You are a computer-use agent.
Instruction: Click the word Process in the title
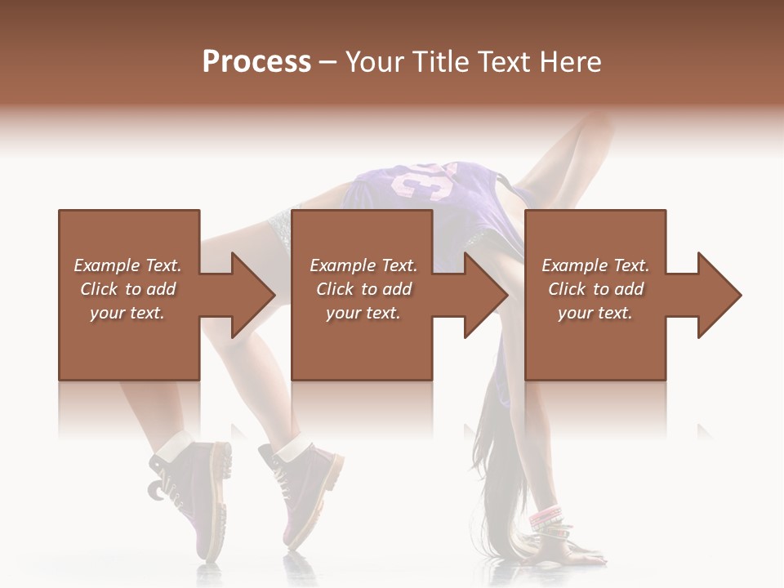pyautogui.click(x=256, y=62)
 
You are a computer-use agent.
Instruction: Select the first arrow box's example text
pyautogui.click(x=128, y=289)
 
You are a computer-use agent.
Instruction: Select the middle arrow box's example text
pyautogui.click(x=363, y=289)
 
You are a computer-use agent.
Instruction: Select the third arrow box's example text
pyautogui.click(x=595, y=289)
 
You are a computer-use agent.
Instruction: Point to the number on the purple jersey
pyautogui.click(x=425, y=181)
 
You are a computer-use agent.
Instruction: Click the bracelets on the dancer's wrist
pyautogui.click(x=546, y=518)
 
